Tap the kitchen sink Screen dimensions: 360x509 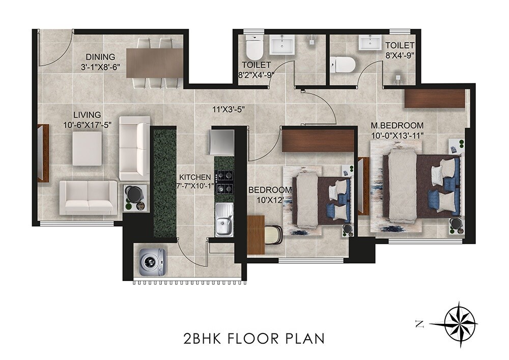[x=224, y=219]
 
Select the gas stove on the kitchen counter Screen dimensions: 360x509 [x=224, y=181]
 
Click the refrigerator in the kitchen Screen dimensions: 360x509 [x=221, y=142]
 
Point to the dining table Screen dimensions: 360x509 [x=155, y=63]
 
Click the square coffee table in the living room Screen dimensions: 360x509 [x=88, y=149]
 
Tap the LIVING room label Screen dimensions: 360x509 [x=87, y=115]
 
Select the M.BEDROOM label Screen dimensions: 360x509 [x=398, y=125]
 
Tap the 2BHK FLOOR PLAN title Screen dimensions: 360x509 [x=253, y=338]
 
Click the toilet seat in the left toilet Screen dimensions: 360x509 [x=253, y=49]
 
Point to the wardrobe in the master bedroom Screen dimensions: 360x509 [x=435, y=98]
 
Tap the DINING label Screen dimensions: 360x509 [x=100, y=57]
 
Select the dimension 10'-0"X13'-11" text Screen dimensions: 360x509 [x=398, y=135]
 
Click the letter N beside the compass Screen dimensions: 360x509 [x=419, y=323]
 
